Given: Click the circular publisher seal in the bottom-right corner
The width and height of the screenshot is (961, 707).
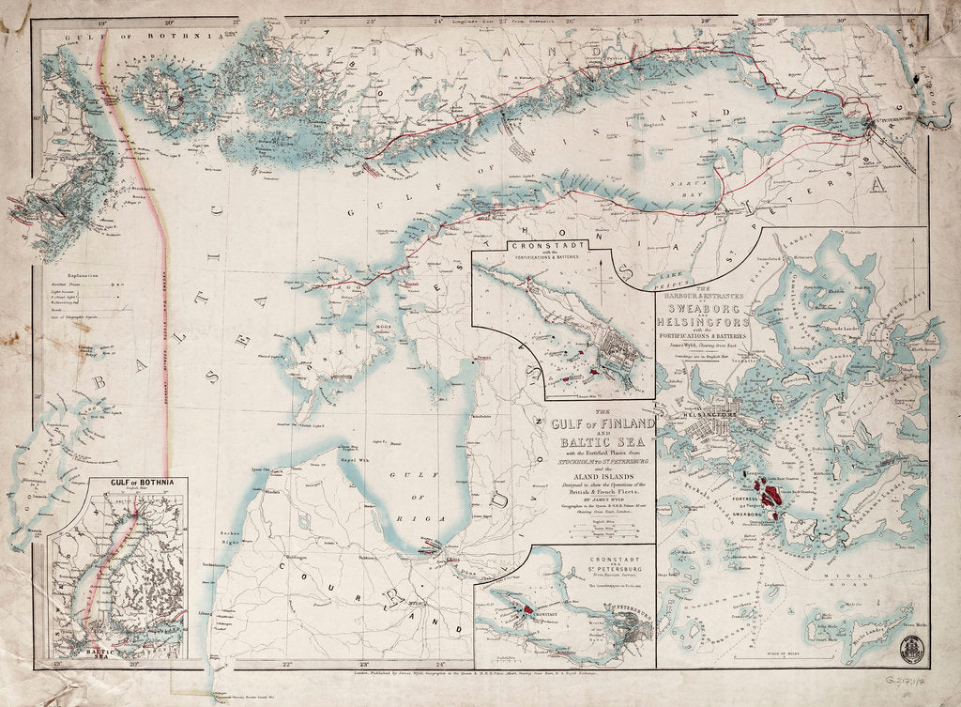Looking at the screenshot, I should click(x=911, y=649).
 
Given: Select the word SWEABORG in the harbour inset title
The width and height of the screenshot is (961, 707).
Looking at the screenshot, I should click(x=698, y=307).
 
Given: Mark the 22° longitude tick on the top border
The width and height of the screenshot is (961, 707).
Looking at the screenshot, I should click(x=302, y=20).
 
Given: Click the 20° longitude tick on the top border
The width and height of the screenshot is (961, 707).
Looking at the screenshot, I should click(x=169, y=20).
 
